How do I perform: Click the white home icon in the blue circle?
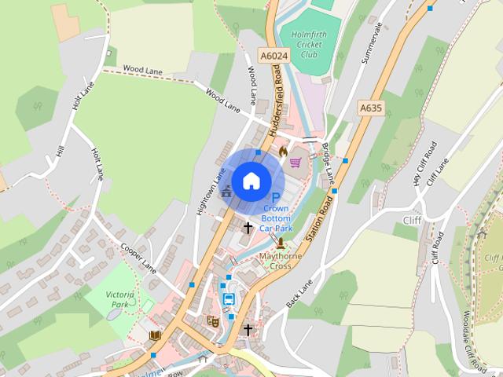tap(250, 181)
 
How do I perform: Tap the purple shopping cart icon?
tap(296, 163)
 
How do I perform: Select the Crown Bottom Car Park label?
tap(276, 218)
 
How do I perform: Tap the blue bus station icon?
tap(229, 299)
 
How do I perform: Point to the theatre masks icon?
tap(211, 320)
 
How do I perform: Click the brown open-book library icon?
tap(155, 336)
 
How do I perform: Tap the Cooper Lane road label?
tap(138, 258)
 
